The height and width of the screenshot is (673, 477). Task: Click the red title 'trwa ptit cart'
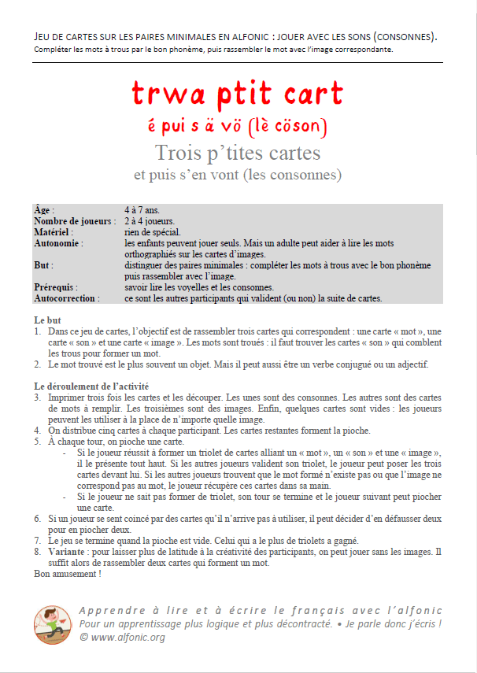pos(238,94)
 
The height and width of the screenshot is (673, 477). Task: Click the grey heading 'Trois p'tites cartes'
pos(238,151)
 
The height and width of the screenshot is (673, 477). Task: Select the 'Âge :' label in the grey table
pos(45,211)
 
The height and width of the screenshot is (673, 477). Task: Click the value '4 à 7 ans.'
pos(142,211)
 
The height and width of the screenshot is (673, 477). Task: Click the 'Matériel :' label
pos(54,233)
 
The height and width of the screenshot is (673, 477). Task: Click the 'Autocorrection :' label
pos(67,299)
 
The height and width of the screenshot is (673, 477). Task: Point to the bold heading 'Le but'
pos(47,320)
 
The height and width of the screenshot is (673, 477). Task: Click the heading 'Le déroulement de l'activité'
pos(91,386)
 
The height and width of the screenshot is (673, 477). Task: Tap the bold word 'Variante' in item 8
pos(67,552)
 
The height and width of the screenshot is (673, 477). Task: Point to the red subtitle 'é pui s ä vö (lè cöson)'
pos(238,126)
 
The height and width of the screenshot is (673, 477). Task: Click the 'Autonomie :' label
pos(59,244)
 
